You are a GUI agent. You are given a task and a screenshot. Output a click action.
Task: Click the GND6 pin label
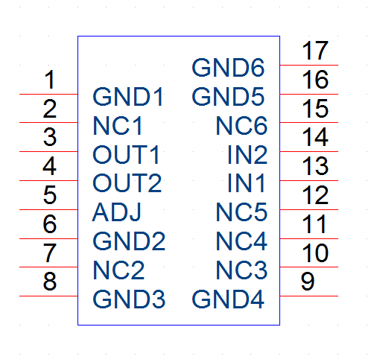228,68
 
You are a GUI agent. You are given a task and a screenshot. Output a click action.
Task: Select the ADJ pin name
116,212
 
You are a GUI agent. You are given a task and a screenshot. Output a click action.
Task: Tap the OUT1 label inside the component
126,155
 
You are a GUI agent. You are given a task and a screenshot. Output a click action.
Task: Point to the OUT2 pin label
127,183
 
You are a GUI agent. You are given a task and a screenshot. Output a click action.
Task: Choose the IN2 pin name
247,155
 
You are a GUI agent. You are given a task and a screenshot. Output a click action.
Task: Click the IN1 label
246,183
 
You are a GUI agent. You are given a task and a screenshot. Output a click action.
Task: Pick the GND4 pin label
228,299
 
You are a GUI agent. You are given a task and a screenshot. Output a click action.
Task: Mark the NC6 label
241,126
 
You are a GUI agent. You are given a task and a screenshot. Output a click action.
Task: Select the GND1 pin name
128,97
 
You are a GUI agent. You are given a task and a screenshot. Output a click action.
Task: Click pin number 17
315,51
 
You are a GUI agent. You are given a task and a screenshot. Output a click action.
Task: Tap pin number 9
308,282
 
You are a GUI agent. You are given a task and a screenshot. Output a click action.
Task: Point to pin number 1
50,80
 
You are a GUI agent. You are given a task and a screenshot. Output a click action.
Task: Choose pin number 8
50,282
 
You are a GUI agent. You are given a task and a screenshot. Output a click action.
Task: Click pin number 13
315,166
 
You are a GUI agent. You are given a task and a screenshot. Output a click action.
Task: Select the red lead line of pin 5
48,209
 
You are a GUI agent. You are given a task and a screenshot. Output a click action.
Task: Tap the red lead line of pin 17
309,65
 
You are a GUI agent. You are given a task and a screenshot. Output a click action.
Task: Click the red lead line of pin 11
309,238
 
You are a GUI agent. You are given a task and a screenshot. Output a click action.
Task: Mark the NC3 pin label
241,270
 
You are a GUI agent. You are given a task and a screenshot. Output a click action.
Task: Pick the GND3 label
129,299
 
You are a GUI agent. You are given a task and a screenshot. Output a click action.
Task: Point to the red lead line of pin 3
48,151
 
